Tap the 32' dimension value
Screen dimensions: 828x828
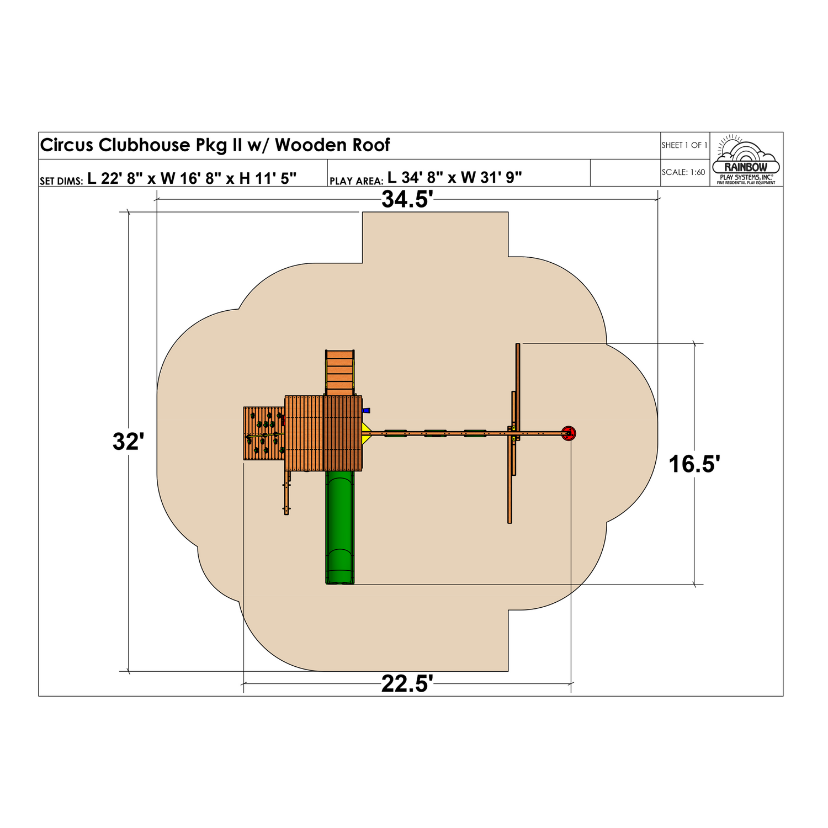[128, 442]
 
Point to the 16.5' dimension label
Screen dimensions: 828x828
[694, 464]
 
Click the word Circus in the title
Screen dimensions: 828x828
[67, 145]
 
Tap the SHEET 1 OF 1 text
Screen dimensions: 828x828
[684, 145]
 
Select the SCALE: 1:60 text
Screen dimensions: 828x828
[684, 172]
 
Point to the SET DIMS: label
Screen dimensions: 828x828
[61, 181]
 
